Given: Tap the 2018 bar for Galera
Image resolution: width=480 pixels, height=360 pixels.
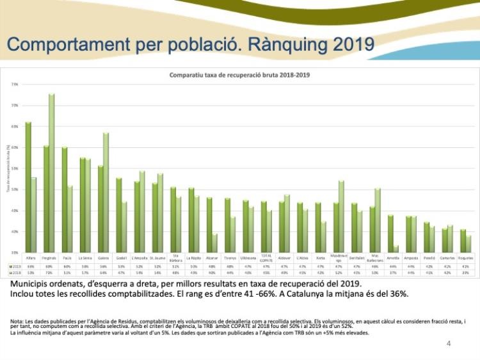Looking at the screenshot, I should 106,192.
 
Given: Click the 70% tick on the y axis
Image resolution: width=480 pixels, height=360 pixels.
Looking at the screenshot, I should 14,105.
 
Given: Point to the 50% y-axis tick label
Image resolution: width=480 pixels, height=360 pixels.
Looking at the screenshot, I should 14,190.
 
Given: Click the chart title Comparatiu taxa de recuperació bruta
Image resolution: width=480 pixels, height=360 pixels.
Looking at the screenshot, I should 239,75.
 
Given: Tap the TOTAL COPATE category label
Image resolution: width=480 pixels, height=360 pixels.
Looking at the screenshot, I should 266,258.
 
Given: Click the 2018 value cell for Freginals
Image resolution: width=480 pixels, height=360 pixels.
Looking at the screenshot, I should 49,272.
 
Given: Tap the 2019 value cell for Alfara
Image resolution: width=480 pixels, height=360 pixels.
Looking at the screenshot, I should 31,265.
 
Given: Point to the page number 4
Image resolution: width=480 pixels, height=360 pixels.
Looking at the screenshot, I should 449,344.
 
